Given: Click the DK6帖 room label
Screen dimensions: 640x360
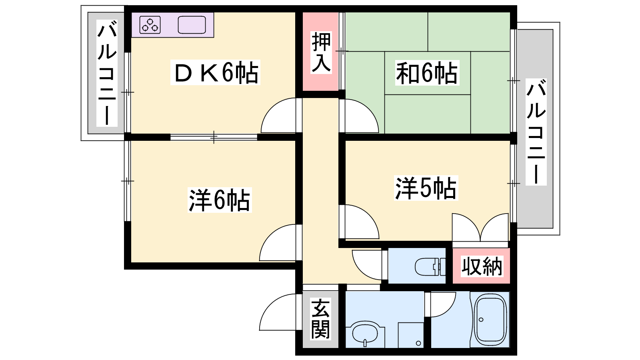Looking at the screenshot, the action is coord(216,72).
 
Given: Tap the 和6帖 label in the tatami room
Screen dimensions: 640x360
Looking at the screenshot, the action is coord(427,73).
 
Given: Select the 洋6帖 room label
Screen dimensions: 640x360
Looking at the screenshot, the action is coord(220,200).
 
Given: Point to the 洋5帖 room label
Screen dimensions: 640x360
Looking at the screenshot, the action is coord(426,188).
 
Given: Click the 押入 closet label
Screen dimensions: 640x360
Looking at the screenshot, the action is coord(321,52).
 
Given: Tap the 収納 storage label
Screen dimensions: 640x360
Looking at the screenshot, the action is coord(482,266).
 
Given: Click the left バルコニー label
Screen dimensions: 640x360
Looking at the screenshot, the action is coord(107,73).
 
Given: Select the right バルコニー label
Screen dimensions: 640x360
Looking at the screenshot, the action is coord(536,132).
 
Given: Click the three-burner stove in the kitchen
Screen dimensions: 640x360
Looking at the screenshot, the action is coord(150,25).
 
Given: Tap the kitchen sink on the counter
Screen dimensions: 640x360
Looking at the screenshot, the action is coord(192,25).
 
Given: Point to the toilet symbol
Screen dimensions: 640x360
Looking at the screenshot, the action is coord(430,266).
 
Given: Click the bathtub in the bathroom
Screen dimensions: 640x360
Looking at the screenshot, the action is coord(490,320).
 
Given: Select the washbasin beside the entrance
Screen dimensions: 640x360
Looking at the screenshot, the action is coord(365,334).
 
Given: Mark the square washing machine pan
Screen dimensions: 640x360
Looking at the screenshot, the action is coord(411,335).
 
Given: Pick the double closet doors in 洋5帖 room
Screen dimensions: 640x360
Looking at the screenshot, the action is coord(480,227).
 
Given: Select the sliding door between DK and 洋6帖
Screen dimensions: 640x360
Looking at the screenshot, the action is coord(214,137).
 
